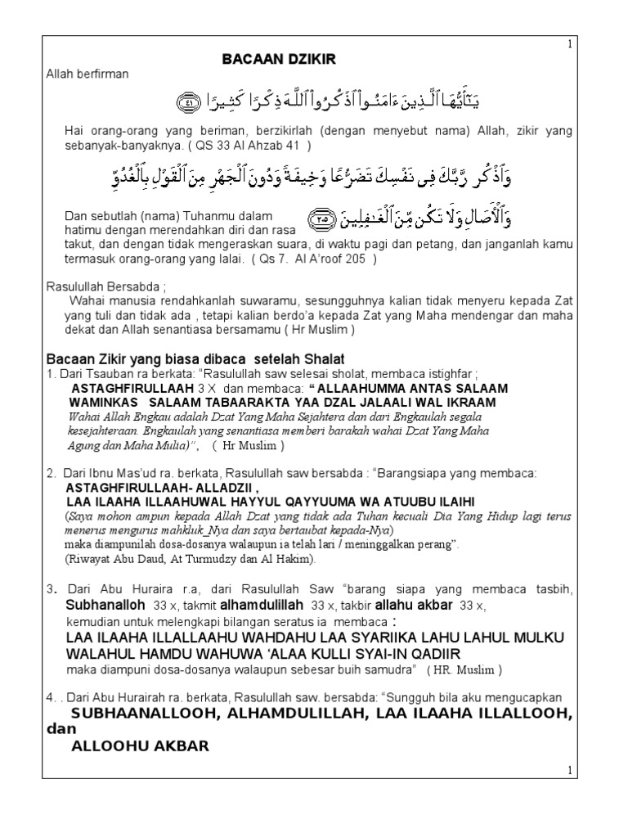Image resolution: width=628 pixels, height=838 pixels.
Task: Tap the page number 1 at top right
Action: coord(571,44)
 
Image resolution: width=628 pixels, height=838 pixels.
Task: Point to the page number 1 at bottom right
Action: coord(571,771)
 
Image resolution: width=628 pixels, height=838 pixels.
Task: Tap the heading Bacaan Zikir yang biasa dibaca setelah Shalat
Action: coord(195,360)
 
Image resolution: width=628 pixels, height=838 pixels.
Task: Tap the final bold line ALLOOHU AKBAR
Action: coord(140,746)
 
